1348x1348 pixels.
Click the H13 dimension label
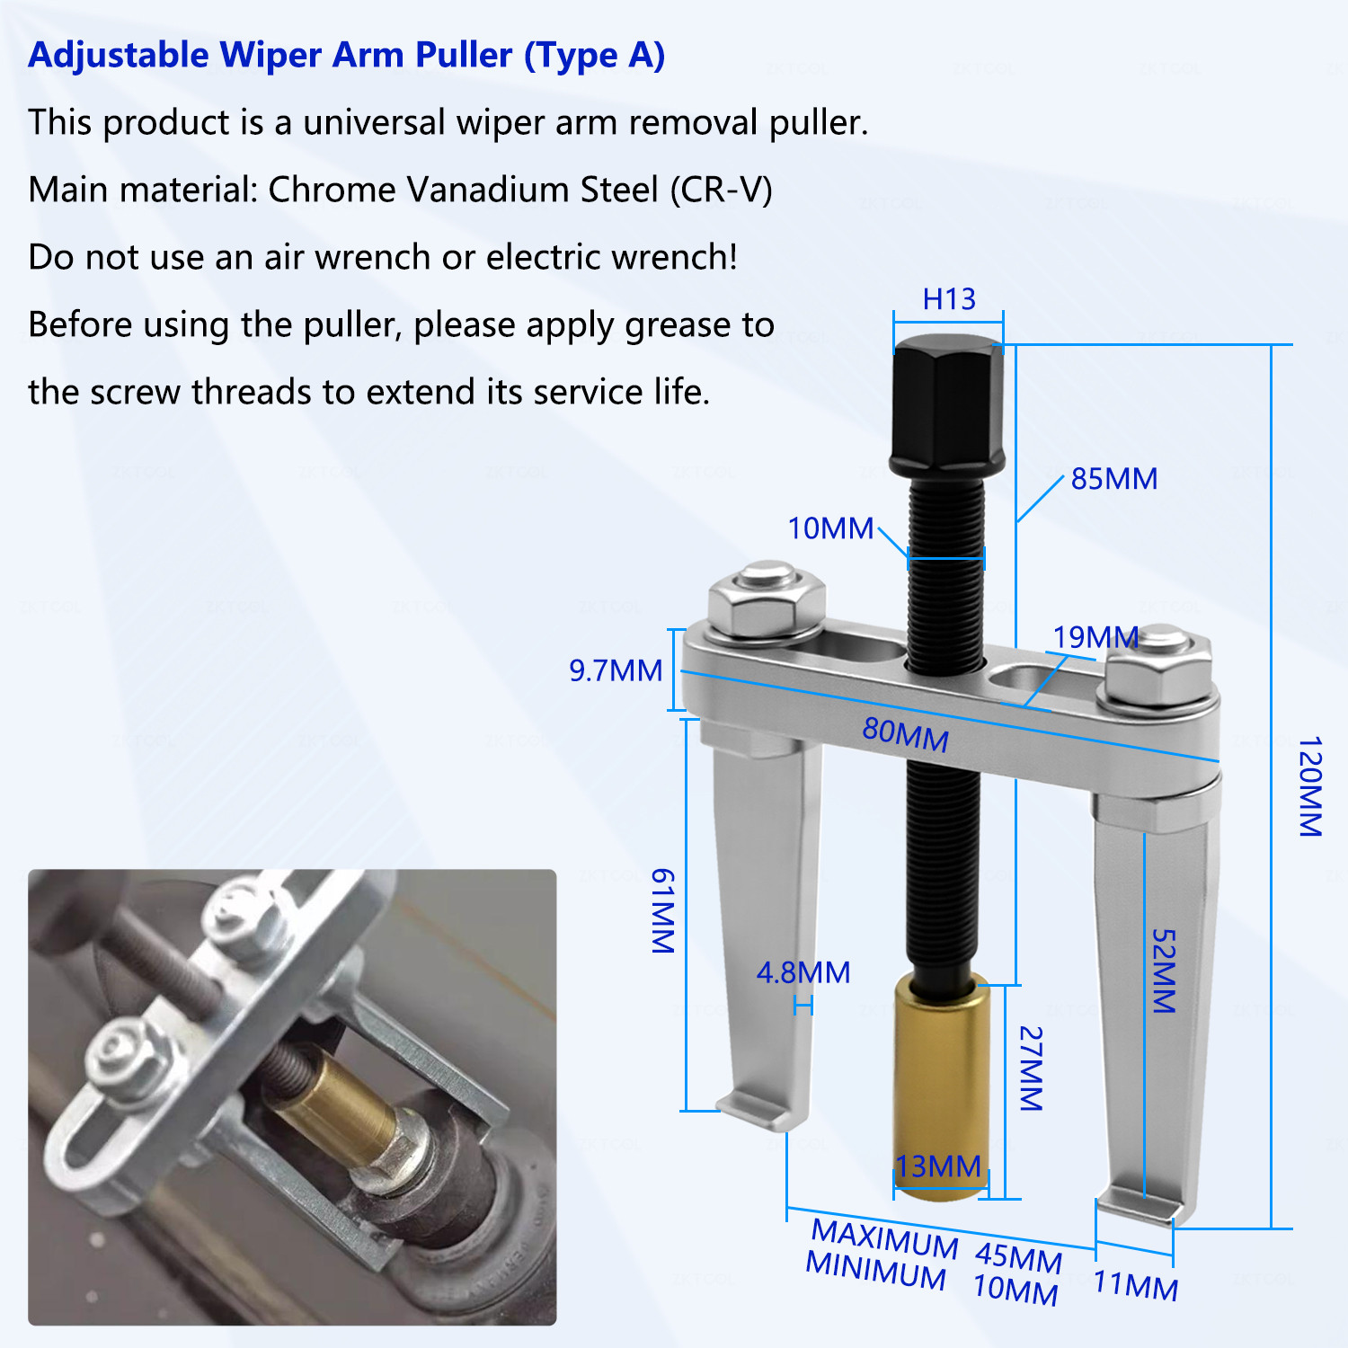[x=949, y=298]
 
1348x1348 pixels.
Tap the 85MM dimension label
[x=1114, y=479]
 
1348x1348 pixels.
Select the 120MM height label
[x=1311, y=786]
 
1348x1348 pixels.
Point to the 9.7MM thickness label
[x=616, y=670]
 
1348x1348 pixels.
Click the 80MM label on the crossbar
[x=906, y=734]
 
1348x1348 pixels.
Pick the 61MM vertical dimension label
[x=662, y=910]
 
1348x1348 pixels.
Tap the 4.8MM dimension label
[x=803, y=972]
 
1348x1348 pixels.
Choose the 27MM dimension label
[x=1031, y=1069]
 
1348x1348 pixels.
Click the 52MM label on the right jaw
[x=1164, y=971]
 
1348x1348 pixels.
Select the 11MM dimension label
[x=1136, y=1286]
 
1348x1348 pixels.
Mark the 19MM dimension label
[x=1095, y=637]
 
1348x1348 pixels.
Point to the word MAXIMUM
[x=885, y=1238]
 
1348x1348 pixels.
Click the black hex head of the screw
[x=947, y=406]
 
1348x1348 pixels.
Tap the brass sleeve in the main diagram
[x=941, y=1087]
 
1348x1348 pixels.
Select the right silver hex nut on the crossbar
[x=1159, y=670]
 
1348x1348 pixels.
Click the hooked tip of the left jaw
[x=759, y=1113]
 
